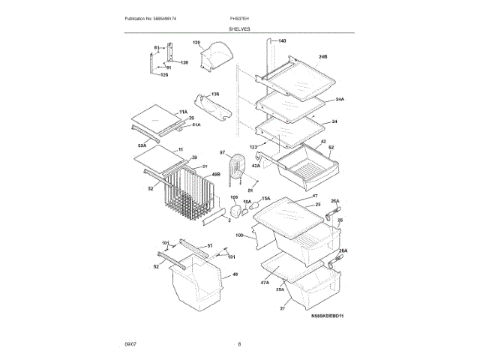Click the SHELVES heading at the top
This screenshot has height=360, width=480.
pos(240,28)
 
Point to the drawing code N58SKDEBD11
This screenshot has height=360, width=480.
pos(328,316)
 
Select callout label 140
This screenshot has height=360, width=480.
pos(282,40)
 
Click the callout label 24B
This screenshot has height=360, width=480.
pos(323,57)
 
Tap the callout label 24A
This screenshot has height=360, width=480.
pos(340,99)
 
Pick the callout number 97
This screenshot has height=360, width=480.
pos(222,153)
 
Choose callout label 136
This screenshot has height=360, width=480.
pos(214,94)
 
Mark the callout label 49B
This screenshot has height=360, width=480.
pos(215,175)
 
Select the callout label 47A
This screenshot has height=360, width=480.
pos(264,282)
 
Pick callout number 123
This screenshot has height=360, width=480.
pos(253,145)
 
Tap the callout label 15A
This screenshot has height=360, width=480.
pos(265,198)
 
